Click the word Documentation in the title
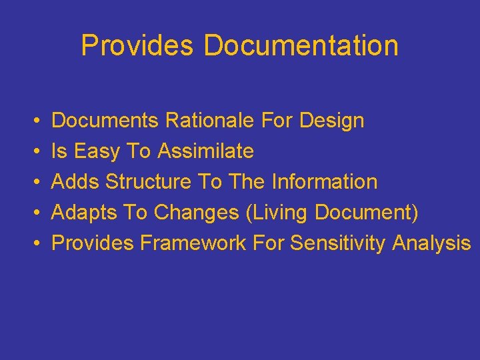click(x=301, y=46)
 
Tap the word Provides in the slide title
click(x=137, y=46)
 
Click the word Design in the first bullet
click(x=332, y=121)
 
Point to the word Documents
click(x=105, y=121)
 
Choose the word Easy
click(x=97, y=152)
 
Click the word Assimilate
click(x=206, y=152)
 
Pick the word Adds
click(x=75, y=182)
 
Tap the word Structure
click(x=149, y=182)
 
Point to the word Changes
click(x=197, y=213)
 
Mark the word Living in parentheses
click(x=277, y=213)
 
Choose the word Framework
click(x=193, y=243)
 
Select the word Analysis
click(x=431, y=243)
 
